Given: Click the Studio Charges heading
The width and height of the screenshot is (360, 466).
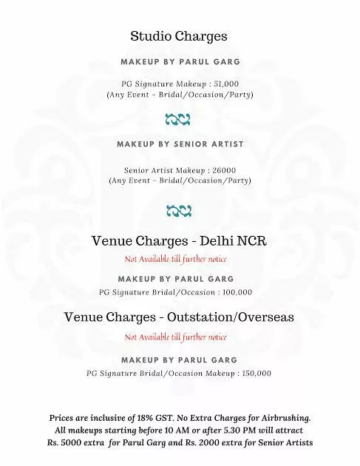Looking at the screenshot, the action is (178, 36).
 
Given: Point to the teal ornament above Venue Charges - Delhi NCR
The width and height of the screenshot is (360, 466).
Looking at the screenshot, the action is (179, 211).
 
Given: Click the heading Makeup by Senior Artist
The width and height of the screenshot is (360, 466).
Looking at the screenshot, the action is (180, 143).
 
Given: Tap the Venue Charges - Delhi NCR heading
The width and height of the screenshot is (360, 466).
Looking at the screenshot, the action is (179, 242).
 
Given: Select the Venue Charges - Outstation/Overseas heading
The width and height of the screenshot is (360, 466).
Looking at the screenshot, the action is (179, 317).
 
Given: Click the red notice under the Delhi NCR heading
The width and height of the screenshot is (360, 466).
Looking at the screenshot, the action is (175, 260).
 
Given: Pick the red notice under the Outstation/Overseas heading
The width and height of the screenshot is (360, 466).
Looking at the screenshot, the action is (175, 337).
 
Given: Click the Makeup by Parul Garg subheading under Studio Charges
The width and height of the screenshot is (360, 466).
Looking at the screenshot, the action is (180, 62).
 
